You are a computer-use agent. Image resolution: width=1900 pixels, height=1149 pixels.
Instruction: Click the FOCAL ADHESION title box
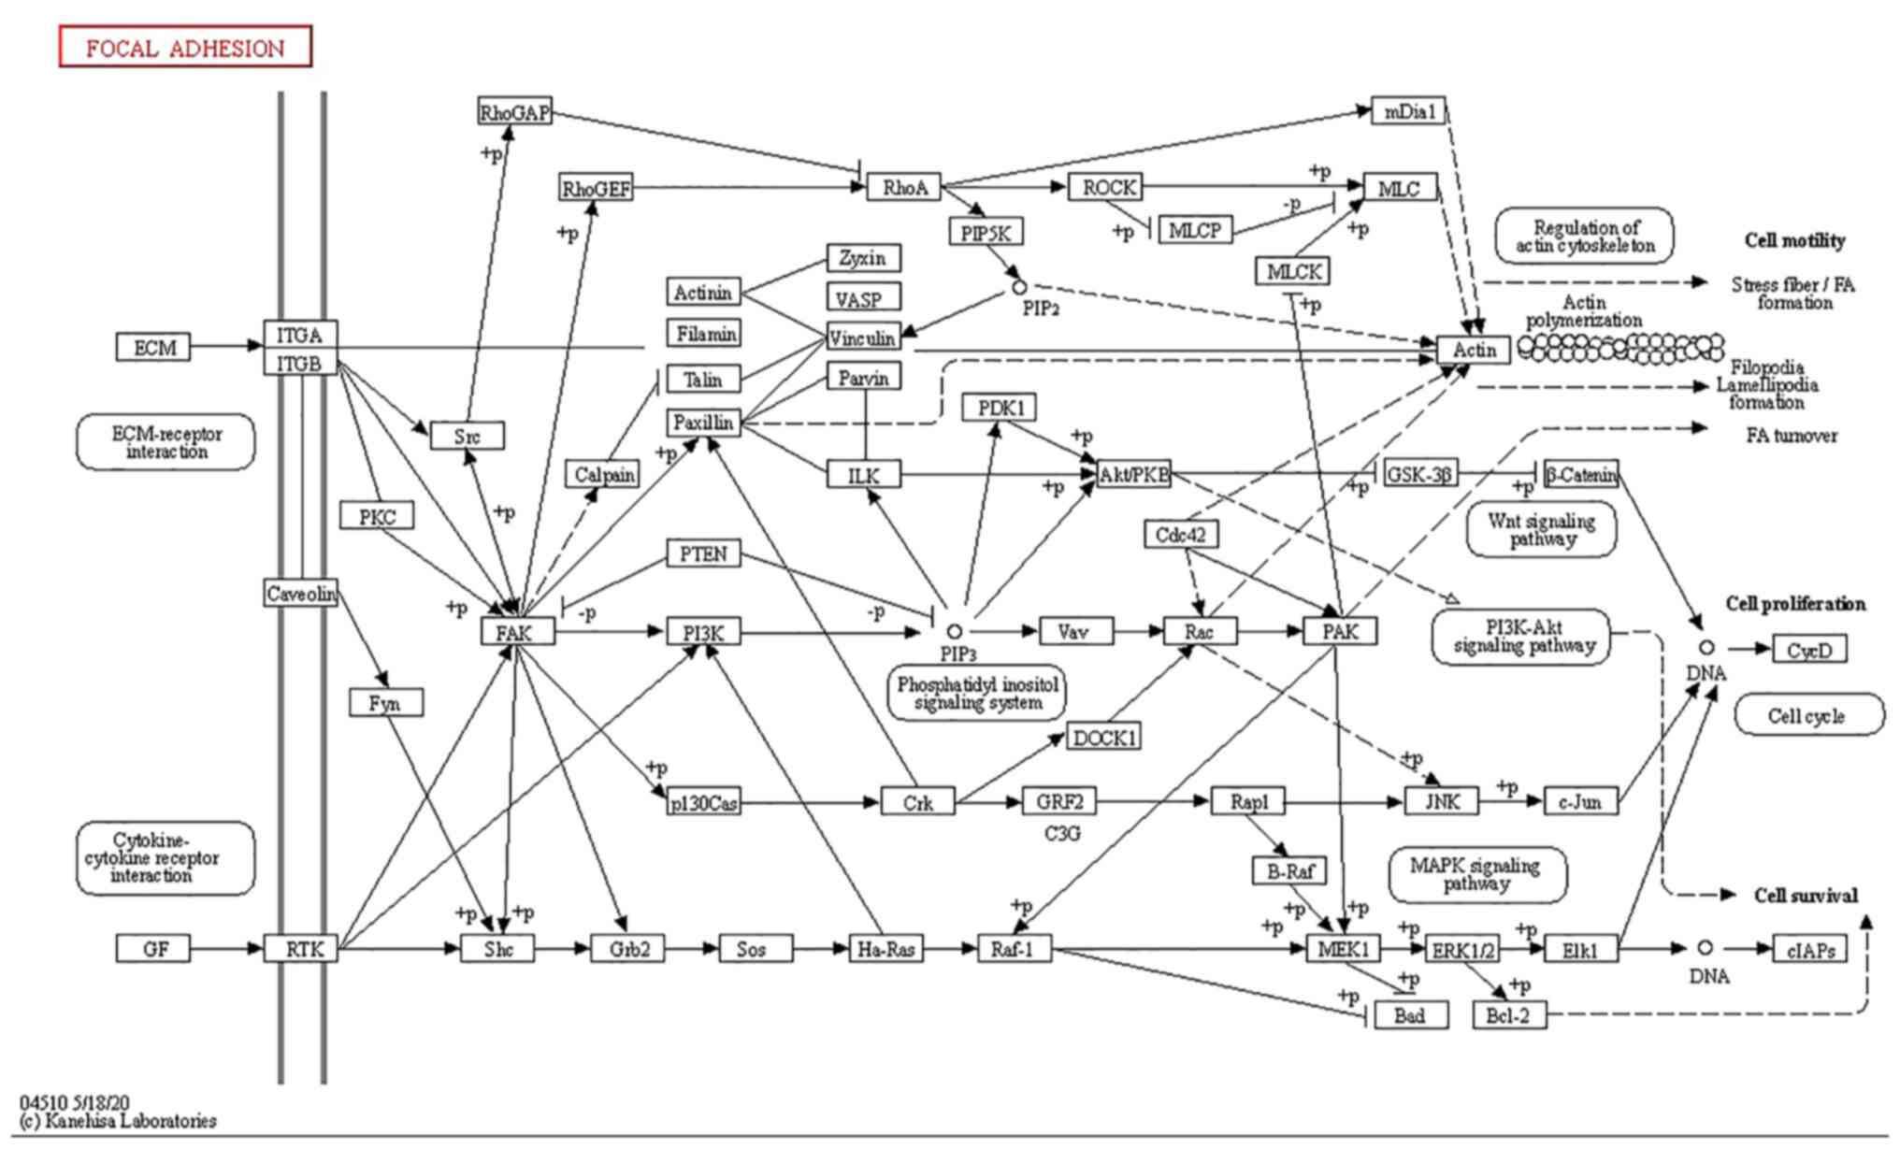coord(185,47)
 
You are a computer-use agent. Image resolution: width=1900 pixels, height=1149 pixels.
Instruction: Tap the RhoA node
coord(904,187)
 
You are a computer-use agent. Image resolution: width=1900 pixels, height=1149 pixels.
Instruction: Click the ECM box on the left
coord(153,347)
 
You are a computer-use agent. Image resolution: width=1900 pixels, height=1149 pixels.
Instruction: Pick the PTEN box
coord(703,553)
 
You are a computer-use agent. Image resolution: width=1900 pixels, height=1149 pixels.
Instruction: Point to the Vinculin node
coord(863,337)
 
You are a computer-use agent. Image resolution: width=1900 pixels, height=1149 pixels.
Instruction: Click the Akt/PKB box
coord(1133,474)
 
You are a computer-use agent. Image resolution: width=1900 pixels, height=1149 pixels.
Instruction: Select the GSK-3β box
coord(1419,474)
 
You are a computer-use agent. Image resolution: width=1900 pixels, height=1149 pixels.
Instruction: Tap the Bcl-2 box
coord(1509,1014)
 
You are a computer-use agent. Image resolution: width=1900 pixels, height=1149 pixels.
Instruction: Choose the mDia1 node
coord(1408,111)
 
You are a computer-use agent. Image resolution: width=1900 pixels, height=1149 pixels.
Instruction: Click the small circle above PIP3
coord(954,632)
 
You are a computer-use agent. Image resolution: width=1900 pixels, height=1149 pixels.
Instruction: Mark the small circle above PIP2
coord(1019,288)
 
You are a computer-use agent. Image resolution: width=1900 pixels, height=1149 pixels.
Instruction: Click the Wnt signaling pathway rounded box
coord(1542,530)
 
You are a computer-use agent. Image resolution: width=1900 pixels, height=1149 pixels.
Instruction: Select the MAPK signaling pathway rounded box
coord(1475,875)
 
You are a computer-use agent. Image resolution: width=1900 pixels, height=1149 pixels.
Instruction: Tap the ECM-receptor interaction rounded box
coord(166,442)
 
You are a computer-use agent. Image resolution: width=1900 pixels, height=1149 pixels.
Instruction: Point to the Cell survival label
coord(1806,896)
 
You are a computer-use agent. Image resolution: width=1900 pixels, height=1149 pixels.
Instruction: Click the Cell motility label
coord(1794,241)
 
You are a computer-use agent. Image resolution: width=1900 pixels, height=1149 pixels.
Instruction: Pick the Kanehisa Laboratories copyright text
coord(118,1121)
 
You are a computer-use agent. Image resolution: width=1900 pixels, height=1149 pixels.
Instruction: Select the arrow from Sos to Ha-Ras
coord(821,949)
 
